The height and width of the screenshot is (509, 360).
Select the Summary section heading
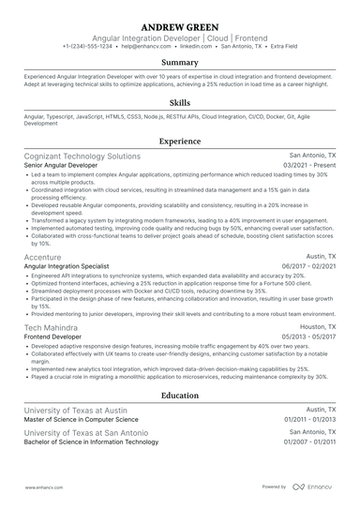click(x=179, y=63)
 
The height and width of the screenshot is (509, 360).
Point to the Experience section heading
click(x=179, y=141)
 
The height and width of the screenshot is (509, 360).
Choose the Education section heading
click(x=179, y=397)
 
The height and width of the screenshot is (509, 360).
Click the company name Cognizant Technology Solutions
click(x=82, y=156)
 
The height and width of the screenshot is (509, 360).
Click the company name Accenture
click(x=43, y=257)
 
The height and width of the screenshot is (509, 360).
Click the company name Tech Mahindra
click(x=52, y=327)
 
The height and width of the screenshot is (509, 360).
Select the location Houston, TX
click(x=317, y=326)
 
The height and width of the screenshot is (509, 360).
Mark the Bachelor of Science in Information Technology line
click(x=91, y=442)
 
